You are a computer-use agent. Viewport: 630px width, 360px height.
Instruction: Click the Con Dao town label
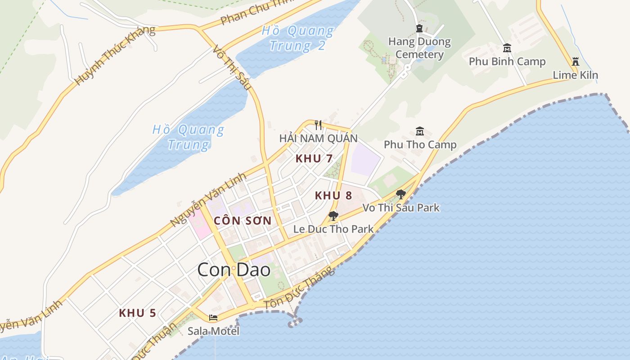234,270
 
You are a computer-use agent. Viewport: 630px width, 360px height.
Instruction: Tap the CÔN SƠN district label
243,220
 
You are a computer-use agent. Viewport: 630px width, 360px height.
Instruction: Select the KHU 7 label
314,158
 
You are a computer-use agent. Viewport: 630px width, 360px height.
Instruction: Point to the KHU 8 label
333,196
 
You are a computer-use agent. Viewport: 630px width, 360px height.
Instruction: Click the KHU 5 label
137,313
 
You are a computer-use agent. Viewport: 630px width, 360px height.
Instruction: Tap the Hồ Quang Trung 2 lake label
297,38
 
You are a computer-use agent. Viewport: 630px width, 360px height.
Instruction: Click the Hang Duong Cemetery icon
419,28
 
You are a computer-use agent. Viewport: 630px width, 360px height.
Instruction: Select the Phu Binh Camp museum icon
507,48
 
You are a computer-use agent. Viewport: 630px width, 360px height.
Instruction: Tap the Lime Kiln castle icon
575,62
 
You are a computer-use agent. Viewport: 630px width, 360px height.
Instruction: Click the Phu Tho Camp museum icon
420,131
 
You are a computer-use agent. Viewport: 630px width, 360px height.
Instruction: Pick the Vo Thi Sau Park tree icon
400,194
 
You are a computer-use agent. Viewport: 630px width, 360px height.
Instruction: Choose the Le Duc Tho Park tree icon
333,216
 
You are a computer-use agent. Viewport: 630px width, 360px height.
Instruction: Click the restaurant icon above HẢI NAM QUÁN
318,125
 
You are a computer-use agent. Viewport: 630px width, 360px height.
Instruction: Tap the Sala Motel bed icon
213,318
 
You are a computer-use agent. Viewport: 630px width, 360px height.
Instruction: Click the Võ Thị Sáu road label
230,67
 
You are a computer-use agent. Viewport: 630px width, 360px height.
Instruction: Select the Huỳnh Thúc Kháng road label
115,55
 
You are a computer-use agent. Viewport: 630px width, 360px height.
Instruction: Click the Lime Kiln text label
575,75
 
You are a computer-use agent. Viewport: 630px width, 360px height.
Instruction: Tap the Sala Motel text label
213,331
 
